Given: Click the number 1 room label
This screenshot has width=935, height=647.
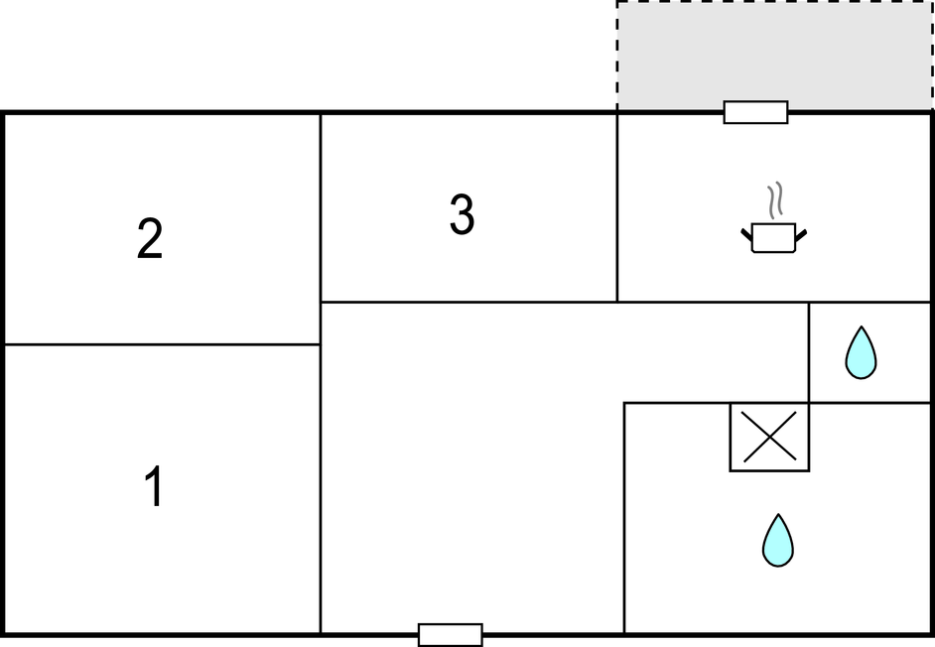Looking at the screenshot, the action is pos(155,486).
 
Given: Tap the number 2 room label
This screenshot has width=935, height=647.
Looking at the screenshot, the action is pos(150,238).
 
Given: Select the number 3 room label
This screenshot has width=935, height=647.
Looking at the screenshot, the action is pos(463,214).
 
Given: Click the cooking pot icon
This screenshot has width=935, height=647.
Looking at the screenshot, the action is pos(774,237).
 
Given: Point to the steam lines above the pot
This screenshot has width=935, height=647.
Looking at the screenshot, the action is pos(774,199).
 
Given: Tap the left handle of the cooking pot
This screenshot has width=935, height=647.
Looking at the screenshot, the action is pos(746,234).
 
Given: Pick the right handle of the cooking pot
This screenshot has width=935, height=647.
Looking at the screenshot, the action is pos(801,235).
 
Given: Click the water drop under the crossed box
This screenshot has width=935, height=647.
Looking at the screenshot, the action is pos(778,540).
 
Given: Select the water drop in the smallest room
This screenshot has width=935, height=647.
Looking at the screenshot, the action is pos(862,352).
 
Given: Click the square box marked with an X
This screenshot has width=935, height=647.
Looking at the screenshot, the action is pos(769,437).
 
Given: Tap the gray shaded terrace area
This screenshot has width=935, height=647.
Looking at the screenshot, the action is pos(774,56).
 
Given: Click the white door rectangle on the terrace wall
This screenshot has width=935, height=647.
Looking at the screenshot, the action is pos(755,112).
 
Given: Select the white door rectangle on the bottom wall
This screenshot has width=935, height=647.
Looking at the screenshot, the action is pos(451,635).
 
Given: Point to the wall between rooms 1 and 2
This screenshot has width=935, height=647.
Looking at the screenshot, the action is pos(162,344).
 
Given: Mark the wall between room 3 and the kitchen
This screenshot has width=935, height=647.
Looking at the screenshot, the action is pos(617,207).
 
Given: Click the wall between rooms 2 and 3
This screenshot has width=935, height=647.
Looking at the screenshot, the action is pos(321,207).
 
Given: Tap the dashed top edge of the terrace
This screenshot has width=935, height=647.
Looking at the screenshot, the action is pos(774,2).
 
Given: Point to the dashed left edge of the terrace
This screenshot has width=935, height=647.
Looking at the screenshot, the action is pos(617,56).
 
